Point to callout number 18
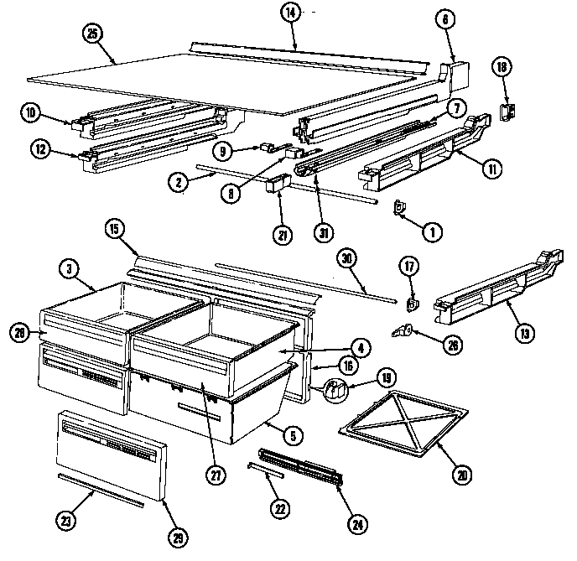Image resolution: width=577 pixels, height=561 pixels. [502, 68]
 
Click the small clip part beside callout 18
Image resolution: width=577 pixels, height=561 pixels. [507, 112]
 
